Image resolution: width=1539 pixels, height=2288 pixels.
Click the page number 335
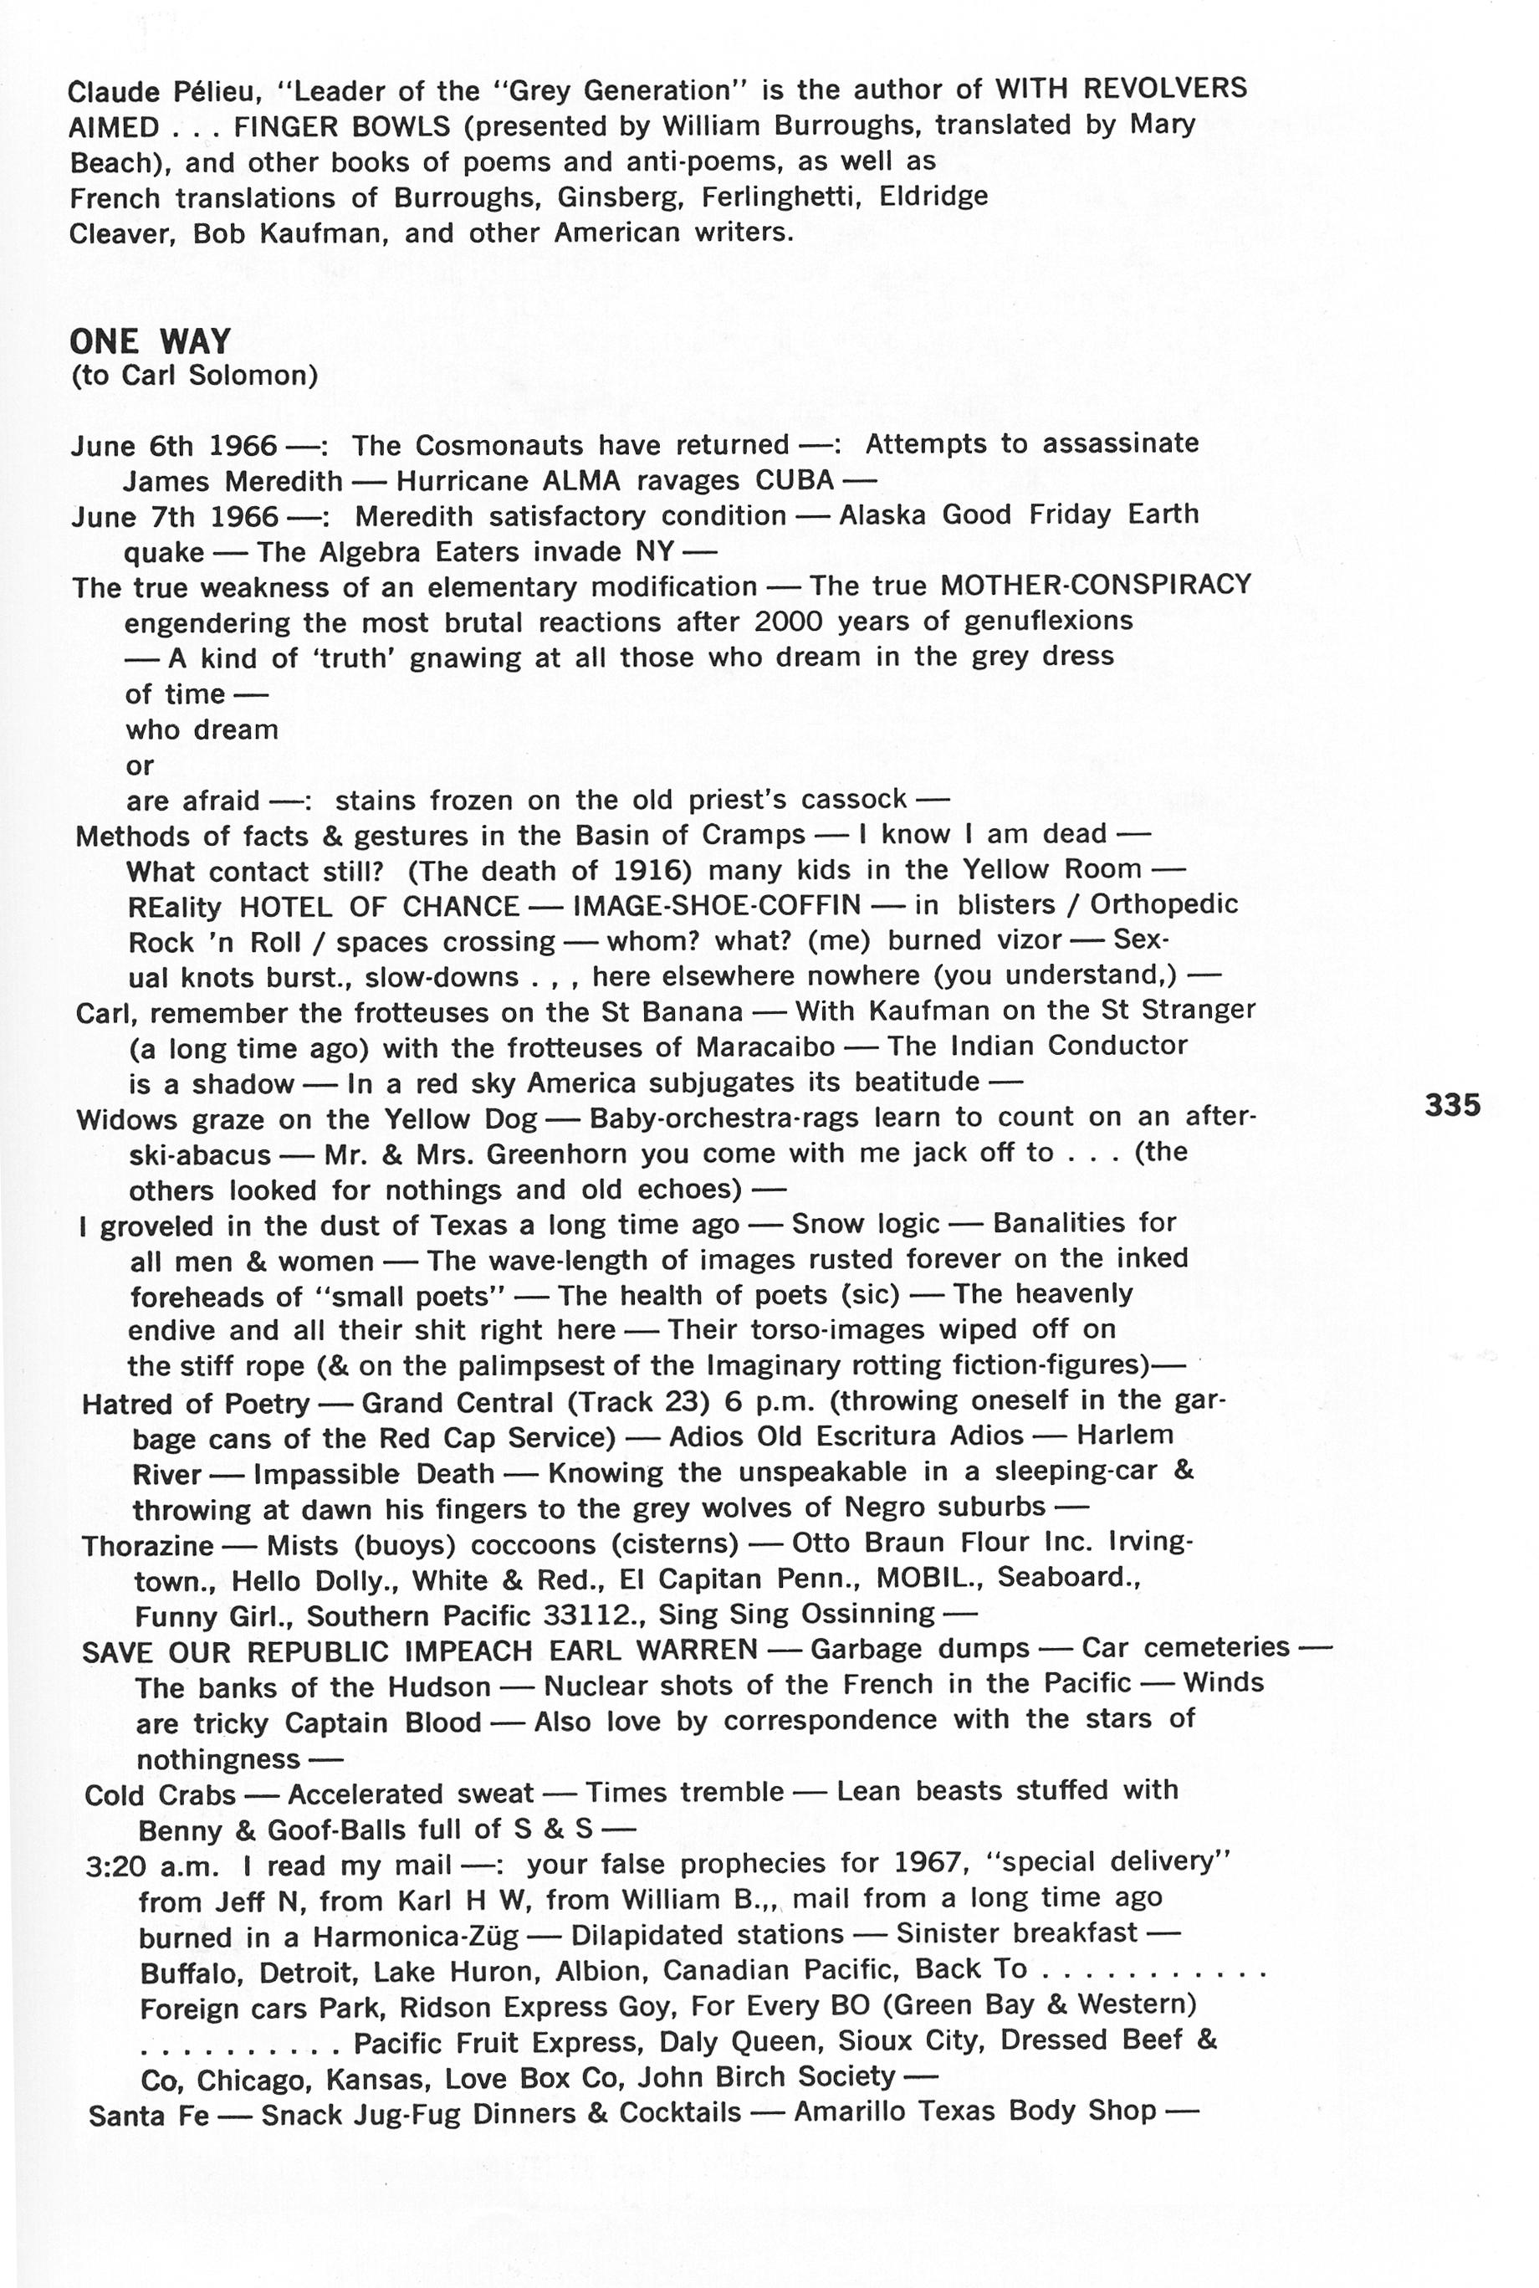(1452, 1105)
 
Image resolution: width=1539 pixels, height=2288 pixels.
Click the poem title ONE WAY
(151, 341)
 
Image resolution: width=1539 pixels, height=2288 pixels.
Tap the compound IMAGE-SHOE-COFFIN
(717, 905)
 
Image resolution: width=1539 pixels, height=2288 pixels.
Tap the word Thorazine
(147, 1546)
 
